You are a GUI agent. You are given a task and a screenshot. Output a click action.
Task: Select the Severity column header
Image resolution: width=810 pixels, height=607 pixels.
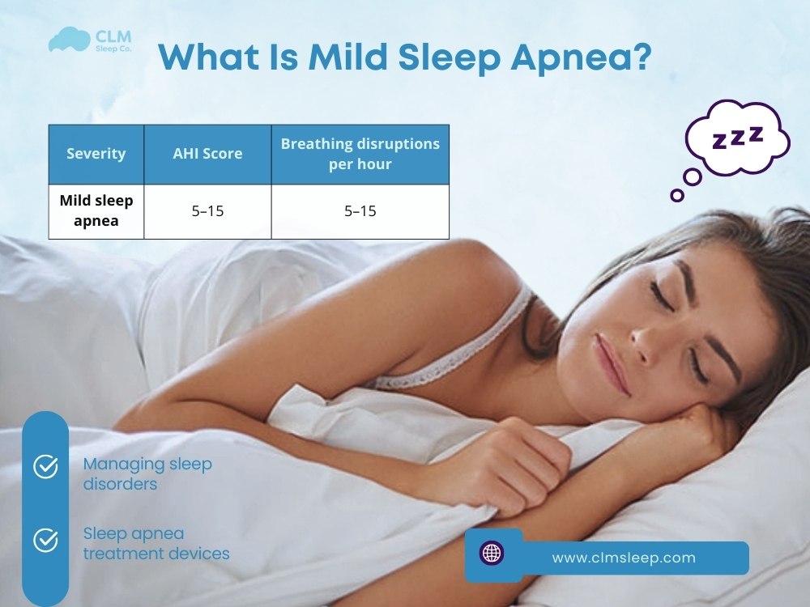coord(96,154)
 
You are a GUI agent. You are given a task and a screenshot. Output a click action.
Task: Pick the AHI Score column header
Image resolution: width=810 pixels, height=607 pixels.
coord(207,154)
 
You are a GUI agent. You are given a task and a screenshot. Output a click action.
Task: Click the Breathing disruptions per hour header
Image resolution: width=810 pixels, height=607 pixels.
coord(360,154)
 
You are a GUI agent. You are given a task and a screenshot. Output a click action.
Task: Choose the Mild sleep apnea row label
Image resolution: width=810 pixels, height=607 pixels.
coord(96,210)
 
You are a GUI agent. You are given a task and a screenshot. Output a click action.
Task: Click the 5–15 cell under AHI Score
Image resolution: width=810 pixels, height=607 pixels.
coord(207,211)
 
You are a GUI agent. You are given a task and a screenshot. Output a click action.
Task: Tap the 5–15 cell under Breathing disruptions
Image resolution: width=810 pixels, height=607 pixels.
coord(360,211)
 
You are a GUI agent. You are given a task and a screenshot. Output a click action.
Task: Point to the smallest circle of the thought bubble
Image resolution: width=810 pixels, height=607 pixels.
coord(677,195)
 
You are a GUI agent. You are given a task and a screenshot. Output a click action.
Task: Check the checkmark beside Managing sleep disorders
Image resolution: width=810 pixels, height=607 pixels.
coord(45,467)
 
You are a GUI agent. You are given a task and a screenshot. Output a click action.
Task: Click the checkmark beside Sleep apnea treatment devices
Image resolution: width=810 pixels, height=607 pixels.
coord(45,540)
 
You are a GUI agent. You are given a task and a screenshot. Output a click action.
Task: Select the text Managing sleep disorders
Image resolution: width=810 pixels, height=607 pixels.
coord(147,474)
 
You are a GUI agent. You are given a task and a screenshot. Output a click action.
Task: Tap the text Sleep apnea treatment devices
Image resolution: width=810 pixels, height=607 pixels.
coord(156,544)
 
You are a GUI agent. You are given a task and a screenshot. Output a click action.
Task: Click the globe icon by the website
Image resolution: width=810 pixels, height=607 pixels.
coord(492,554)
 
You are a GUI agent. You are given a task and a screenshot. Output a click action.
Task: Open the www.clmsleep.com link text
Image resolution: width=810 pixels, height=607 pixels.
coord(623,558)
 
